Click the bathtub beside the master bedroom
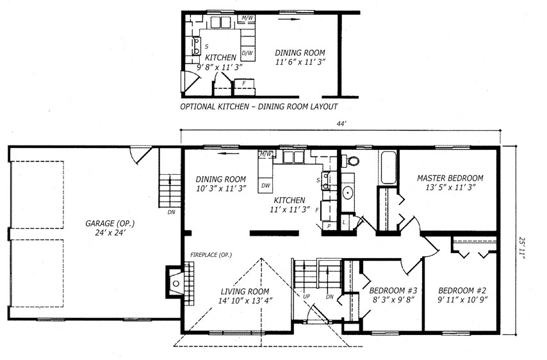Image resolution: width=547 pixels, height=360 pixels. pyautogui.click(x=389, y=167)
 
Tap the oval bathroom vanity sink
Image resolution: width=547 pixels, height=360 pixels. pyautogui.click(x=347, y=193)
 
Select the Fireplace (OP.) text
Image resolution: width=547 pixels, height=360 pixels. pyautogui.click(x=211, y=255)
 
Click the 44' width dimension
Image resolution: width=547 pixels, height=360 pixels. pyautogui.click(x=341, y=124)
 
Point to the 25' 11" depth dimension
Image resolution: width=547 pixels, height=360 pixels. pyautogui.click(x=521, y=248)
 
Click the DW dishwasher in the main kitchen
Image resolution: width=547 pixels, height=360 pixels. pyautogui.click(x=265, y=186)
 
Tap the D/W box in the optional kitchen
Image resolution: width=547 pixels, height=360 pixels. pyautogui.click(x=247, y=53)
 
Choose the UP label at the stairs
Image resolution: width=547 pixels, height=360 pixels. pyautogui.click(x=306, y=297)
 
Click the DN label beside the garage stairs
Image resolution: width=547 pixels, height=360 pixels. pyautogui.click(x=171, y=212)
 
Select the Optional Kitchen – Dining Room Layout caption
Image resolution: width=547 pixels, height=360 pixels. pyautogui.click(x=259, y=107)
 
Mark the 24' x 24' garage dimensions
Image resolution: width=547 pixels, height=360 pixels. pyautogui.click(x=110, y=233)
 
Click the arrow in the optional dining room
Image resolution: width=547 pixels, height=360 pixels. pyautogui.click(x=290, y=19)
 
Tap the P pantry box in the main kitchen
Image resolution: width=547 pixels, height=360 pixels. pyautogui.click(x=329, y=226)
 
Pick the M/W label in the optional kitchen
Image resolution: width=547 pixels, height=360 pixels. pyautogui.click(x=247, y=17)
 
